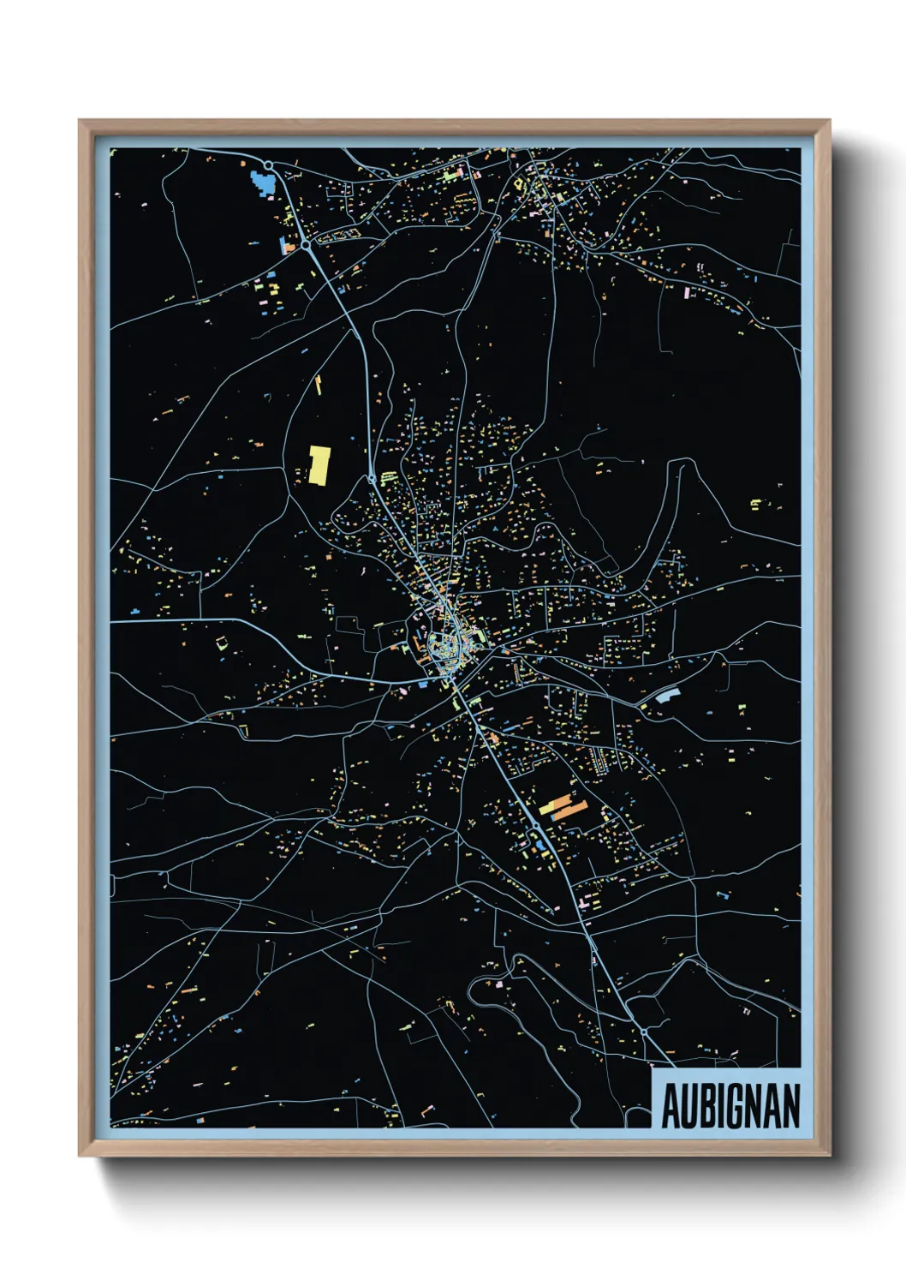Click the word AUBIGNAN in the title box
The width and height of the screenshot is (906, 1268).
click(x=730, y=1106)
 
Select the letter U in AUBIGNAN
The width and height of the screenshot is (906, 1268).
click(x=688, y=1106)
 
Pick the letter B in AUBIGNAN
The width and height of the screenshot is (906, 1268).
click(x=706, y=1106)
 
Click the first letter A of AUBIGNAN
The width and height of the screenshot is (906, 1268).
click(x=671, y=1106)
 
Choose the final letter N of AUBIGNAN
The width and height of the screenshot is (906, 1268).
click(x=792, y=1106)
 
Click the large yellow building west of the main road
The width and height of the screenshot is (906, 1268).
click(x=319, y=464)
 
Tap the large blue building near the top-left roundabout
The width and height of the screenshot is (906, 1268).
click(x=263, y=182)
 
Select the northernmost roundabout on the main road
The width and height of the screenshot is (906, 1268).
click(x=269, y=165)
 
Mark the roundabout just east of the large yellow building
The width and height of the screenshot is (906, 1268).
click(x=373, y=478)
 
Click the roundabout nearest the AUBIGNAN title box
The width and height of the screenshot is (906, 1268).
click(x=643, y=1032)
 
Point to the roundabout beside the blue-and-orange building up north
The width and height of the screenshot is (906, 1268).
click(x=305, y=245)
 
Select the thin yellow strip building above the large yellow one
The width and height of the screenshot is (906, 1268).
click(x=319, y=385)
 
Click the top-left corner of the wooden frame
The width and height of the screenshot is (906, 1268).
click(x=80, y=121)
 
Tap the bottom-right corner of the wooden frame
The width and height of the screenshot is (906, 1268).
click(x=829, y=1155)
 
